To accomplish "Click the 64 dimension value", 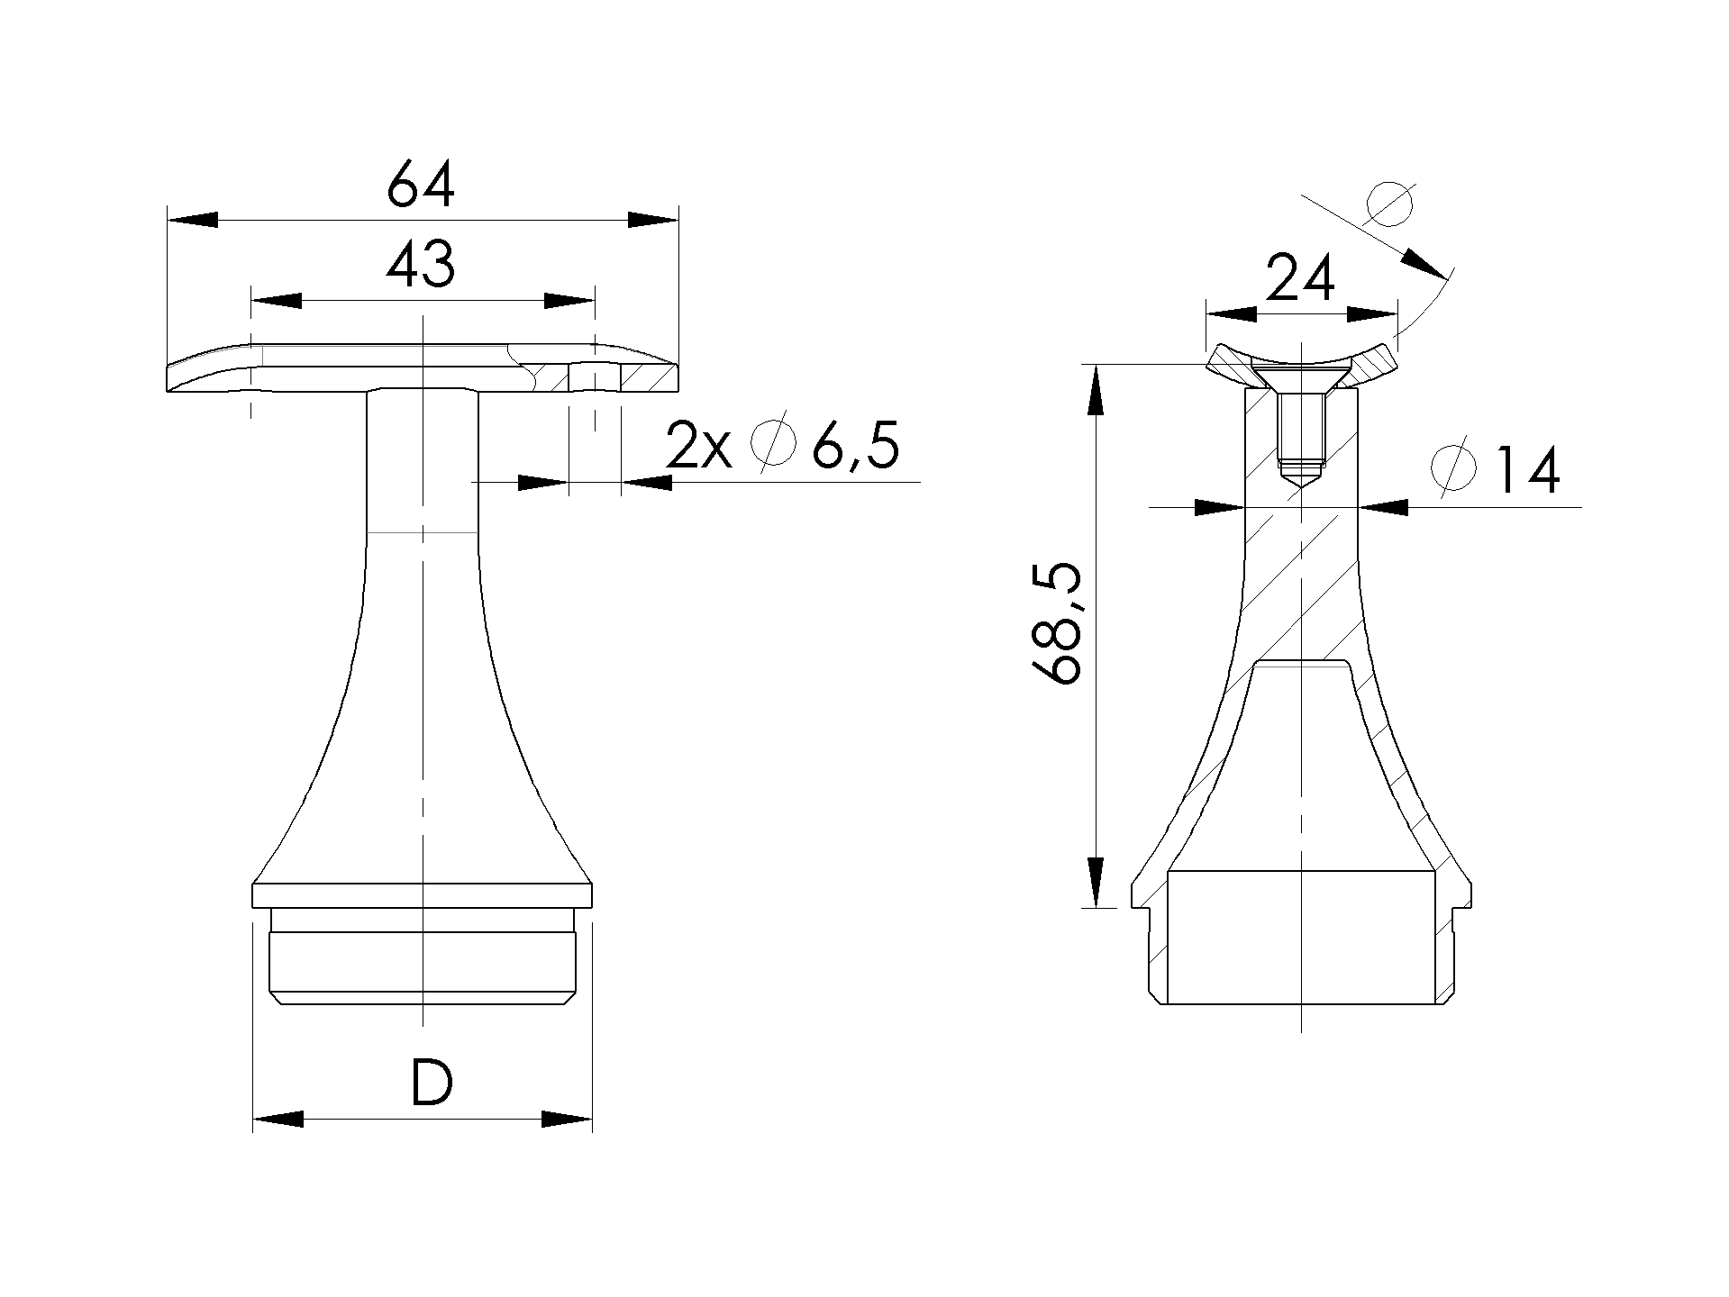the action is point(421,185).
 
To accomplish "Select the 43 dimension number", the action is point(421,265).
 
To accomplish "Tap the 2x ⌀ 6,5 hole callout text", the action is point(782,445).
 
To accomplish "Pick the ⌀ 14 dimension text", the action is point(1495,468).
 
